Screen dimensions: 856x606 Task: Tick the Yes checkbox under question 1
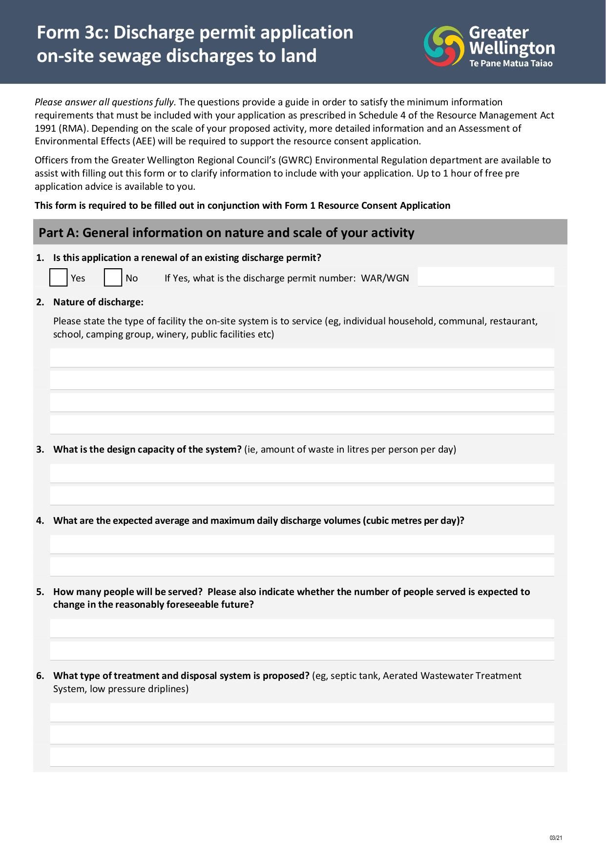(59, 278)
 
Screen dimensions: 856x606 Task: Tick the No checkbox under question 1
(113, 278)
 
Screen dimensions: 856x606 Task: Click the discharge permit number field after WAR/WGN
(486, 277)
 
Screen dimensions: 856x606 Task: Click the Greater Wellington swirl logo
(443, 46)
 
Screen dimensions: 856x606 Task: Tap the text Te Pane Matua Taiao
(511, 63)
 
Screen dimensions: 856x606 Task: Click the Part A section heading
(226, 233)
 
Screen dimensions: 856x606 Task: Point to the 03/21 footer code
(556, 838)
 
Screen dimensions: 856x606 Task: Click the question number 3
(40, 449)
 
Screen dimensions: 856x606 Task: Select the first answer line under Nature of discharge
(302, 358)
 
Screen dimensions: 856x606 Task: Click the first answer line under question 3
(302, 473)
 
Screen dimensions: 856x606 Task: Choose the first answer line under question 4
(302, 544)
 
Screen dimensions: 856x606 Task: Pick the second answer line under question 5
(302, 651)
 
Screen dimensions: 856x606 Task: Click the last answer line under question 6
(302, 757)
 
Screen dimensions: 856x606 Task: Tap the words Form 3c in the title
(72, 33)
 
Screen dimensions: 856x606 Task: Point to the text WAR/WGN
(385, 278)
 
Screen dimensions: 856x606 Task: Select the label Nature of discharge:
(98, 302)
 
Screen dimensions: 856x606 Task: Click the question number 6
(40, 676)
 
